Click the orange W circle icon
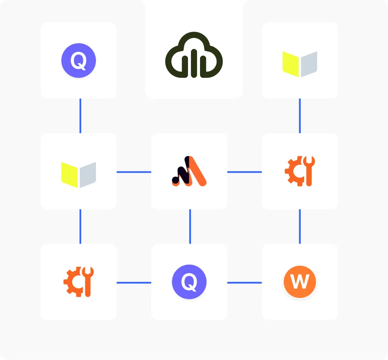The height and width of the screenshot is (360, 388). tap(300, 281)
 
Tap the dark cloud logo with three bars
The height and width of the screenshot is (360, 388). tap(194, 55)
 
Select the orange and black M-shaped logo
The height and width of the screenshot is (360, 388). tap(189, 171)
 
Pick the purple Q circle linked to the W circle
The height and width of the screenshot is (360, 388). tap(189, 282)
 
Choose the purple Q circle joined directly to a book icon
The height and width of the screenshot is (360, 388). tap(79, 61)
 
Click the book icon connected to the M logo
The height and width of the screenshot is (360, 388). tap(79, 175)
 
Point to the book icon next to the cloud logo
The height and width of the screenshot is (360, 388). tap(300, 64)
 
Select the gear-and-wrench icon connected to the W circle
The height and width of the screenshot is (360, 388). tap(300, 171)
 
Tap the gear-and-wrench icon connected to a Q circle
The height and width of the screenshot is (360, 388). tap(79, 282)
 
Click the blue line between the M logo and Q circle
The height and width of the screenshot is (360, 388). tap(190, 226)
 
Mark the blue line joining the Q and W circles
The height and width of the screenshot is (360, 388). tap(244, 283)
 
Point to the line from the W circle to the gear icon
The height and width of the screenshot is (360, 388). tap(300, 226)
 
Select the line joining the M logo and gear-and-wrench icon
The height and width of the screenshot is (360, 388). tap(244, 172)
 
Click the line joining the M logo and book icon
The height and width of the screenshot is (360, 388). tap(134, 172)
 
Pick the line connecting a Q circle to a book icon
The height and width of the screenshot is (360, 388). tap(80, 116)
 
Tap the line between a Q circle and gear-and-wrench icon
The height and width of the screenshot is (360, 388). tap(134, 283)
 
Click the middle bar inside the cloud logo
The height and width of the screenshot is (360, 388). tap(194, 63)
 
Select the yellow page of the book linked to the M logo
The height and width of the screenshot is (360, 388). tap(69, 175)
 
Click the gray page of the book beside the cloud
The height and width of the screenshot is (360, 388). tap(309, 64)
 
